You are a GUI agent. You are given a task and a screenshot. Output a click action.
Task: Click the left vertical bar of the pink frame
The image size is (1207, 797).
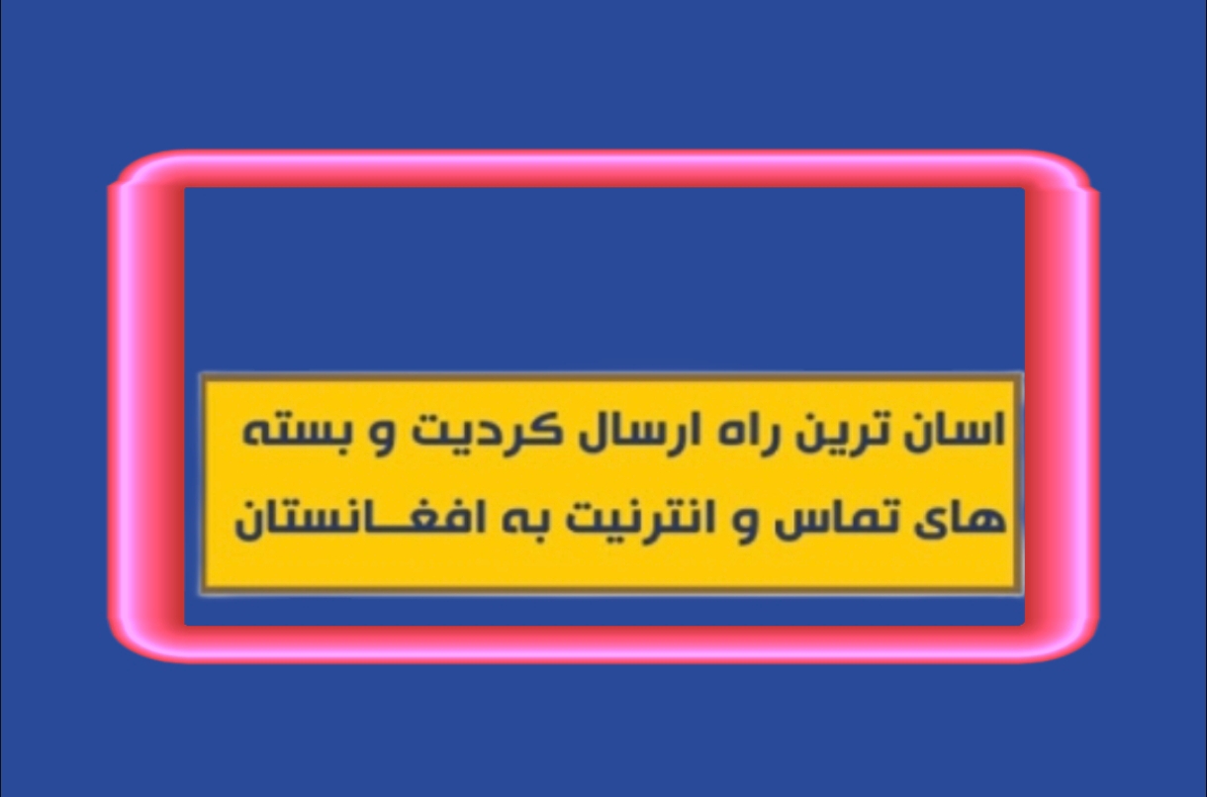tap(145, 407)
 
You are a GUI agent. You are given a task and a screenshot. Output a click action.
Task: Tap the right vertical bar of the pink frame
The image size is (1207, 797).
tap(1062, 407)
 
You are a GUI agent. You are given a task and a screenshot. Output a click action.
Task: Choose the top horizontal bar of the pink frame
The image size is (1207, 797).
tap(603, 168)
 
